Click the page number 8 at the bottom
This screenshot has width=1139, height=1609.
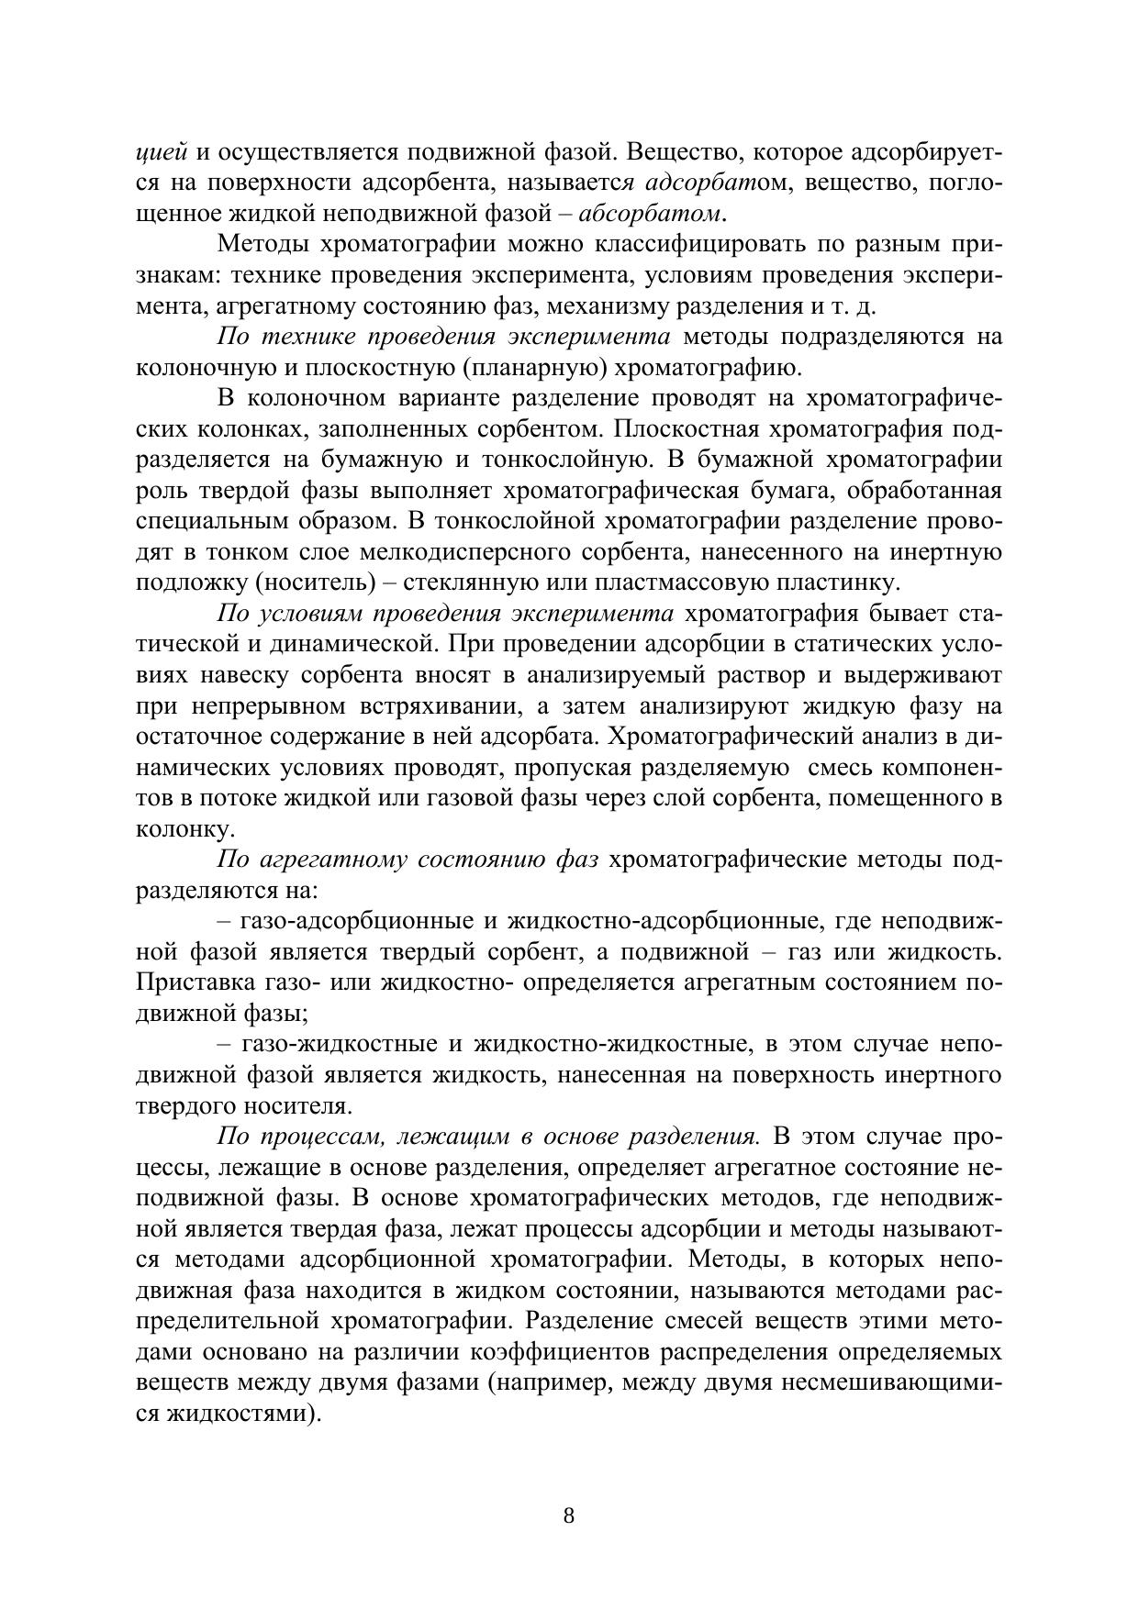click(x=568, y=1515)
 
